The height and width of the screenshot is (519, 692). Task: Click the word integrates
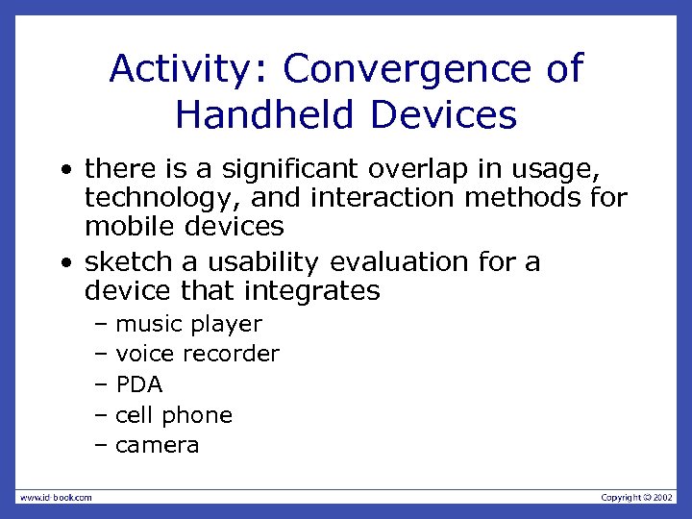(321, 290)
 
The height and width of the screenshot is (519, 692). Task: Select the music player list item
(188, 325)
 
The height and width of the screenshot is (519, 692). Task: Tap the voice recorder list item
(197, 355)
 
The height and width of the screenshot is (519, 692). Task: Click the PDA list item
(139, 385)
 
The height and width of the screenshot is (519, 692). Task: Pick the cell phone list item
(174, 415)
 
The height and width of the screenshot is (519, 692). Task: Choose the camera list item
(158, 445)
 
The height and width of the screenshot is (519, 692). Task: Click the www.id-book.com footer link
(56, 497)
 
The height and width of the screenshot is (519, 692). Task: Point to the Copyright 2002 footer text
(637, 497)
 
